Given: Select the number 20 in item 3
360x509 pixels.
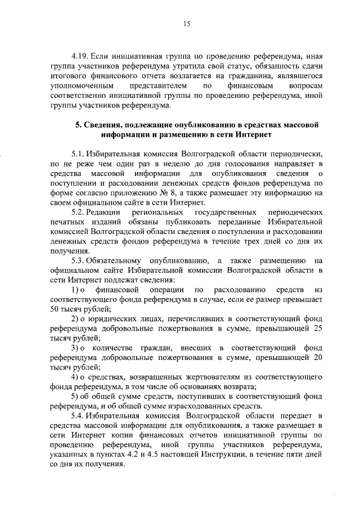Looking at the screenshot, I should (317, 358).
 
